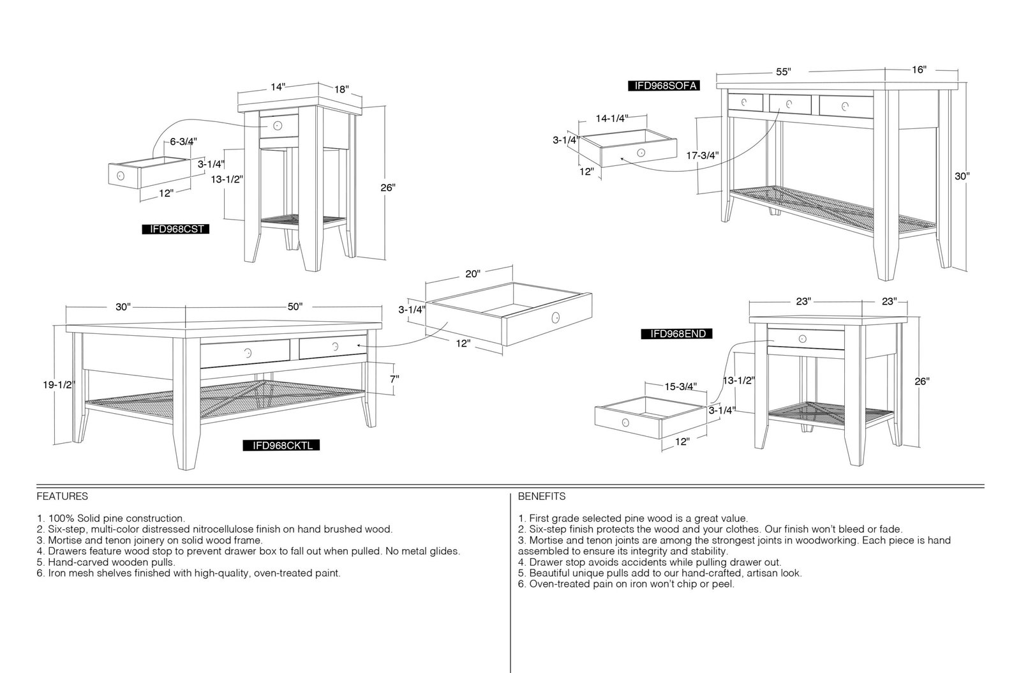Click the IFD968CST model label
click(176, 229)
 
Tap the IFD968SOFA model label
click(663, 86)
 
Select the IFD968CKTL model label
click(281, 445)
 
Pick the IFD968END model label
click(676, 334)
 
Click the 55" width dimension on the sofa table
click(784, 72)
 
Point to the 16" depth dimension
click(919, 70)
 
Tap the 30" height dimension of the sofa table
click(962, 176)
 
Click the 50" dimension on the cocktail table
click(295, 306)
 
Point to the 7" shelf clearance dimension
click(394, 379)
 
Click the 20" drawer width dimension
click(473, 273)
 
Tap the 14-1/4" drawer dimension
click(612, 119)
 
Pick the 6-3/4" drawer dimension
click(184, 141)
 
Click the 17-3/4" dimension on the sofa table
click(703, 156)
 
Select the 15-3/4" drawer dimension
click(681, 387)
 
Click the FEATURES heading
click(63, 496)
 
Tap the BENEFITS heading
click(542, 496)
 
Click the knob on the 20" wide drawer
click(555, 317)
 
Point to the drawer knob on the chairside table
click(278, 125)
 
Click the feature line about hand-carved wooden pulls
click(106, 562)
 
